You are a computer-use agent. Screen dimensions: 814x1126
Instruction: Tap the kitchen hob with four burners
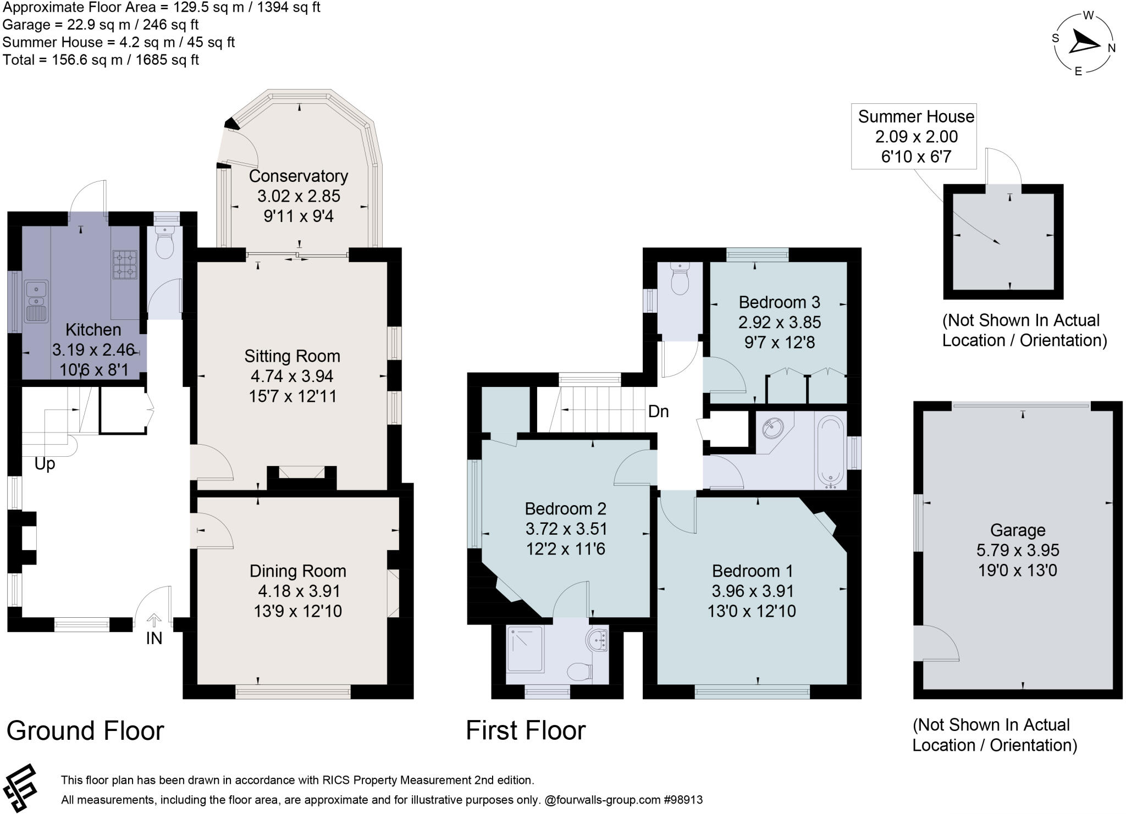(125, 265)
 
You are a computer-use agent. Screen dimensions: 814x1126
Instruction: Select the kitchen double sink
(36, 301)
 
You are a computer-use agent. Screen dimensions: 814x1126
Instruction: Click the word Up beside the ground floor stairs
(45, 464)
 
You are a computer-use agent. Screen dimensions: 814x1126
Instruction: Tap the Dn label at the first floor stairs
(658, 411)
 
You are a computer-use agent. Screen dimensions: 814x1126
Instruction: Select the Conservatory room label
(299, 176)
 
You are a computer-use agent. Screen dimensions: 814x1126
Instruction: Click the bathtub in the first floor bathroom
(831, 452)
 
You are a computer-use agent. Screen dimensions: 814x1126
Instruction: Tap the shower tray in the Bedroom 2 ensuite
(526, 649)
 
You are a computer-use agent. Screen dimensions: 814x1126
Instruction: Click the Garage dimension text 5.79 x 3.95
(1018, 550)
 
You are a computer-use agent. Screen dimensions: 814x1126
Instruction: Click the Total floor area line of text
(101, 60)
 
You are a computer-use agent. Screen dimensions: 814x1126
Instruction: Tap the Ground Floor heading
(85, 731)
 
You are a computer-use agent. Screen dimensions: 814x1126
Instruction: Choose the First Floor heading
(526, 731)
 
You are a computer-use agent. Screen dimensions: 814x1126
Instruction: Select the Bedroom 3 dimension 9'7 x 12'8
(779, 342)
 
